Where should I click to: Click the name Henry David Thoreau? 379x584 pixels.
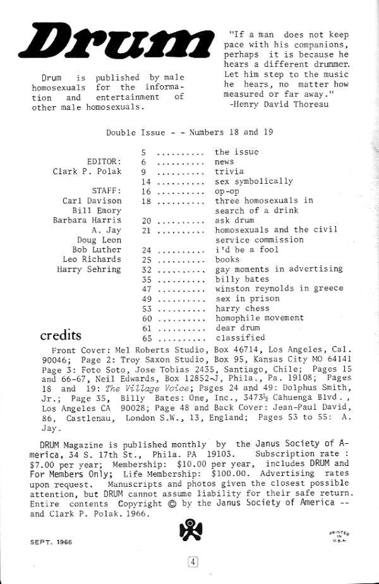[x=280, y=104]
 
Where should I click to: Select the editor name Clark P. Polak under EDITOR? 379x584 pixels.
[x=87, y=171]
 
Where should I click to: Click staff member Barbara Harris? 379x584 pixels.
[x=87, y=220]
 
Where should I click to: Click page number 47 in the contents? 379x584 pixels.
[x=149, y=289]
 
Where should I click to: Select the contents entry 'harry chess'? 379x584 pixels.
[x=241, y=308]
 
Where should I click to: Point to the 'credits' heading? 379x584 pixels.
[x=61, y=335]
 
